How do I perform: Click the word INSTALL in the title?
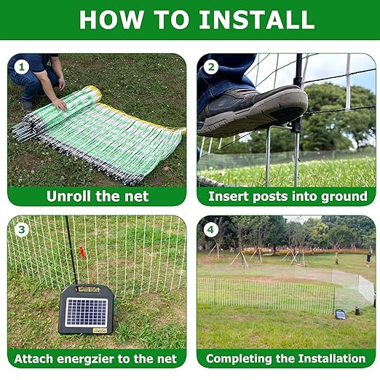pyautogui.click(x=257, y=20)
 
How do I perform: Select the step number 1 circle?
pyautogui.click(x=22, y=67)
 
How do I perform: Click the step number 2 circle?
pyautogui.click(x=211, y=67)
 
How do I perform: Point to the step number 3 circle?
pyautogui.click(x=22, y=229)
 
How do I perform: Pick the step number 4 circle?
pyautogui.click(x=210, y=229)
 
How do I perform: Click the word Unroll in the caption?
pyautogui.click(x=69, y=196)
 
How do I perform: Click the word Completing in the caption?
pyautogui.click(x=239, y=359)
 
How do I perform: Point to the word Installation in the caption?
pyautogui.click(x=332, y=358)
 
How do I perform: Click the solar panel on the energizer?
pyautogui.click(x=87, y=312)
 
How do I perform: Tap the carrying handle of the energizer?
pyautogui.click(x=88, y=288)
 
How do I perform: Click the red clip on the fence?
pyautogui.click(x=82, y=252)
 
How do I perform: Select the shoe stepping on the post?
pyautogui.click(x=253, y=111)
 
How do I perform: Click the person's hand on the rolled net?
pyautogui.click(x=60, y=104)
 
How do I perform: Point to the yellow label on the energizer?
pyautogui.click(x=100, y=330)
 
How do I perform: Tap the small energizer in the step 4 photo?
pyautogui.click(x=341, y=314)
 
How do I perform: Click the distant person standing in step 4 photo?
pyautogui.click(x=369, y=259)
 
